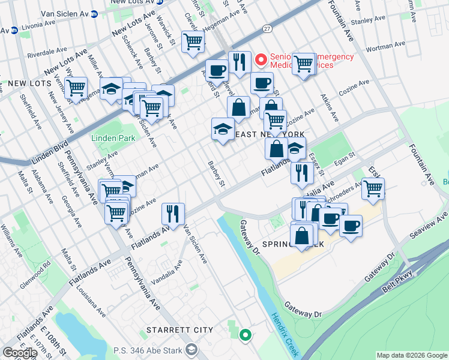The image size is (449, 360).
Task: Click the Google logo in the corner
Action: pyautogui.click(x=19, y=352)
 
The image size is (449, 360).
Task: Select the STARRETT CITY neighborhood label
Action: pyautogui.click(x=180, y=330)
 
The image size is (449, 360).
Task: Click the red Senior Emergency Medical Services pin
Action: pyautogui.click(x=261, y=59)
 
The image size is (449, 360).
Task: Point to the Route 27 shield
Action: pyautogui.click(x=267, y=28)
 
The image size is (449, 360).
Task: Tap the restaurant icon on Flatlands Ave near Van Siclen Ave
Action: pyautogui.click(x=172, y=214)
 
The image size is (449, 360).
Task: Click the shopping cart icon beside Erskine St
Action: pyautogui.click(x=373, y=188)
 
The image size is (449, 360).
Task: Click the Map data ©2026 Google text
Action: pyautogui.click(x=412, y=355)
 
